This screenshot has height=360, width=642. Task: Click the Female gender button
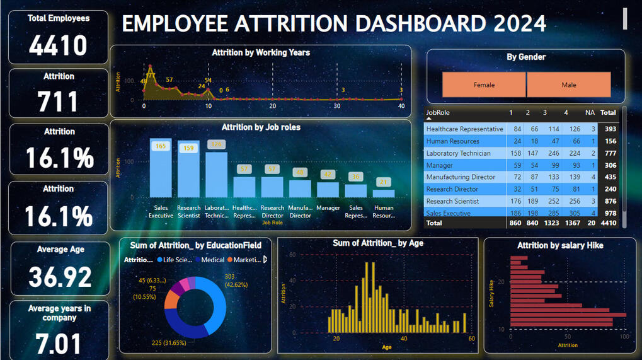coord(484,84)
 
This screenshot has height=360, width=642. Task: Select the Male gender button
coord(568,84)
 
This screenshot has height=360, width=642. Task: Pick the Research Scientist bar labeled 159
coord(188,170)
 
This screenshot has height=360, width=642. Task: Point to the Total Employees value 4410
coord(58,45)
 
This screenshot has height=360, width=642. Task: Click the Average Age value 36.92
coord(60,277)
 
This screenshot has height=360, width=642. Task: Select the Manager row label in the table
coord(439,165)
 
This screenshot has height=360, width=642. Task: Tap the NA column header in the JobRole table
coord(590,113)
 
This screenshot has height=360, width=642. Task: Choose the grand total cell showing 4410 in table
coord(609,223)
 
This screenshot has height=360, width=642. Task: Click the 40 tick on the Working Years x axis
coord(401,106)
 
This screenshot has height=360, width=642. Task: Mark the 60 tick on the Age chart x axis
coord(471,339)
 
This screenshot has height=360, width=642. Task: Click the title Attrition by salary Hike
coord(560,245)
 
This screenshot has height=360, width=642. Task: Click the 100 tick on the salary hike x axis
coord(624,337)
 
